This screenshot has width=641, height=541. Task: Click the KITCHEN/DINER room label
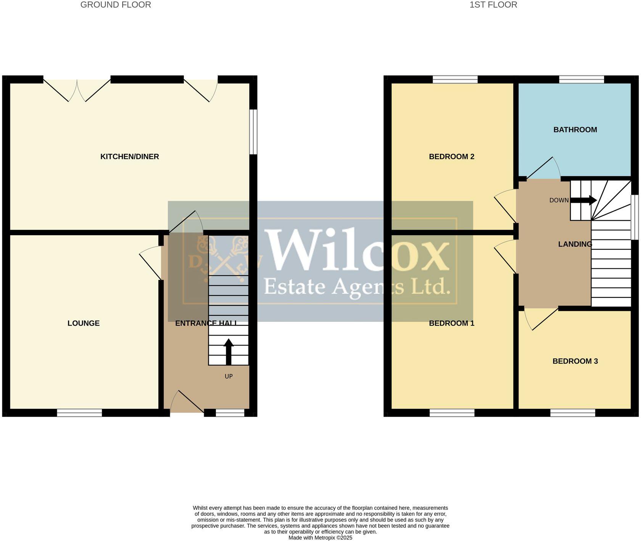tap(129, 157)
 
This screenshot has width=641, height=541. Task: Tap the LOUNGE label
tap(83, 323)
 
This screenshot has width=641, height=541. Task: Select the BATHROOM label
tap(575, 130)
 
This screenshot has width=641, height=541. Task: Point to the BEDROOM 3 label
tap(575, 361)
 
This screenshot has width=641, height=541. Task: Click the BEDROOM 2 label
tap(451, 157)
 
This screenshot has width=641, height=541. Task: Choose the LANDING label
tap(575, 244)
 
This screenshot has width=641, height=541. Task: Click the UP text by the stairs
tap(229, 376)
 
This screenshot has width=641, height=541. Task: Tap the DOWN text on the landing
tap(559, 200)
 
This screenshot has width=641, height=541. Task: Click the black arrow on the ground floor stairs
tap(229, 351)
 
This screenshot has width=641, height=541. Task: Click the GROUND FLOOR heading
tap(116, 5)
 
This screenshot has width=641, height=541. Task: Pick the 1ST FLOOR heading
tap(493, 5)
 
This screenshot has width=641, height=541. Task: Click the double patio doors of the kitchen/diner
tap(77, 91)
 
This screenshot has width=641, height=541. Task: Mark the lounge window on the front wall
tap(79, 413)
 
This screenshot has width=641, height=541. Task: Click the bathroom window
tap(581, 79)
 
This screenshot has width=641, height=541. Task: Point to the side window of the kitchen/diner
tap(253, 132)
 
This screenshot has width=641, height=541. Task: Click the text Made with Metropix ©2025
tap(320, 538)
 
